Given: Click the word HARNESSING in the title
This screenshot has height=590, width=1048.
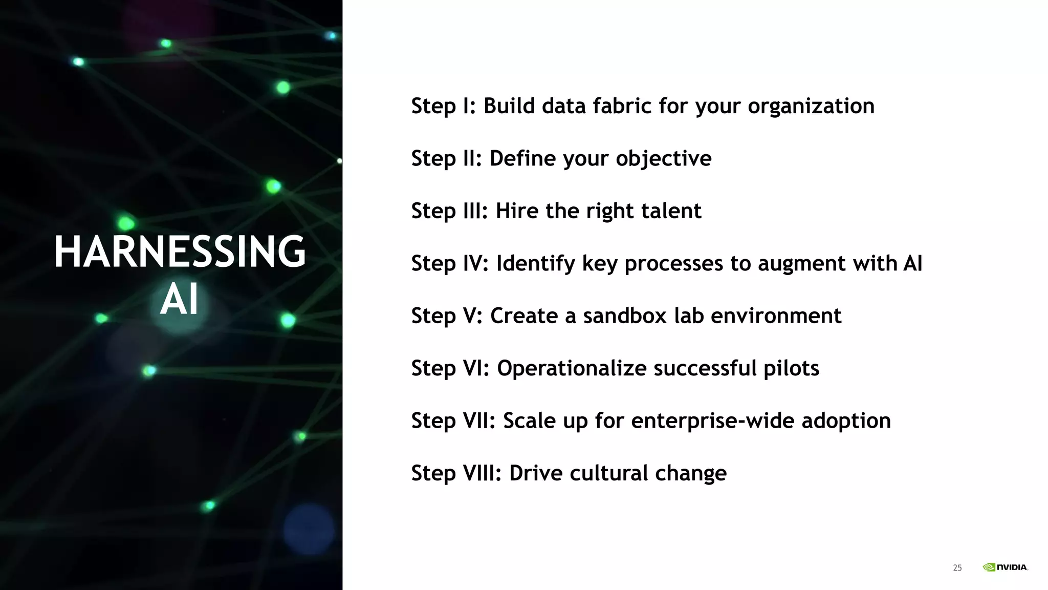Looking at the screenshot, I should click(x=180, y=251).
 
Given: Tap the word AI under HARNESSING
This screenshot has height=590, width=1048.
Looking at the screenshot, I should click(x=179, y=300).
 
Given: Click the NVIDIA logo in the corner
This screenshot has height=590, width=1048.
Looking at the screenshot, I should click(x=1005, y=567).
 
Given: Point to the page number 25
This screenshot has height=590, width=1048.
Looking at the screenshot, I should click(x=957, y=568).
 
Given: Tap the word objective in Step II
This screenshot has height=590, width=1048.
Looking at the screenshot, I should click(x=663, y=159).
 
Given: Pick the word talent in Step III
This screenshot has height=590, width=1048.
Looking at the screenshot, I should click(x=669, y=211).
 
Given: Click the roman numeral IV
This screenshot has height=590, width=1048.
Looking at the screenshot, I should click(x=475, y=263).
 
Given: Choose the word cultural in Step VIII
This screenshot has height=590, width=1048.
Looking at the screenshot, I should click(x=608, y=473).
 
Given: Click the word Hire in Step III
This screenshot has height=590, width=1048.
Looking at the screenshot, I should click(x=517, y=211).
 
